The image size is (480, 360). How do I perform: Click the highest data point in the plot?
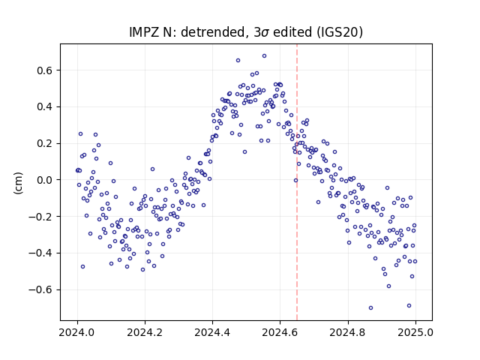click(264, 56)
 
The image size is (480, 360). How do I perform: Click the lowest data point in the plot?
click(370, 308)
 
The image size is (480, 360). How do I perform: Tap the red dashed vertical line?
click(297, 182)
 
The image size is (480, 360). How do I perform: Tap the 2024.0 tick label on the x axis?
click(77, 332)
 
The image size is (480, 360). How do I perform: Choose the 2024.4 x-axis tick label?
click(212, 332)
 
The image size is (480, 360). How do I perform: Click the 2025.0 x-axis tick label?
click(415, 332)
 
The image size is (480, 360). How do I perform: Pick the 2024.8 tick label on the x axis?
click(348, 332)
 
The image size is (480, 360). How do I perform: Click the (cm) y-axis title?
click(18, 183)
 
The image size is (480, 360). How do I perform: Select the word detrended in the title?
click(214, 32)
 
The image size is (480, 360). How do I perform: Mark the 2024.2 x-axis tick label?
click(145, 332)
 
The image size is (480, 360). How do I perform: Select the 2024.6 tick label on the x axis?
click(280, 332)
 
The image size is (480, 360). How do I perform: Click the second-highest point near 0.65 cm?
click(238, 61)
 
